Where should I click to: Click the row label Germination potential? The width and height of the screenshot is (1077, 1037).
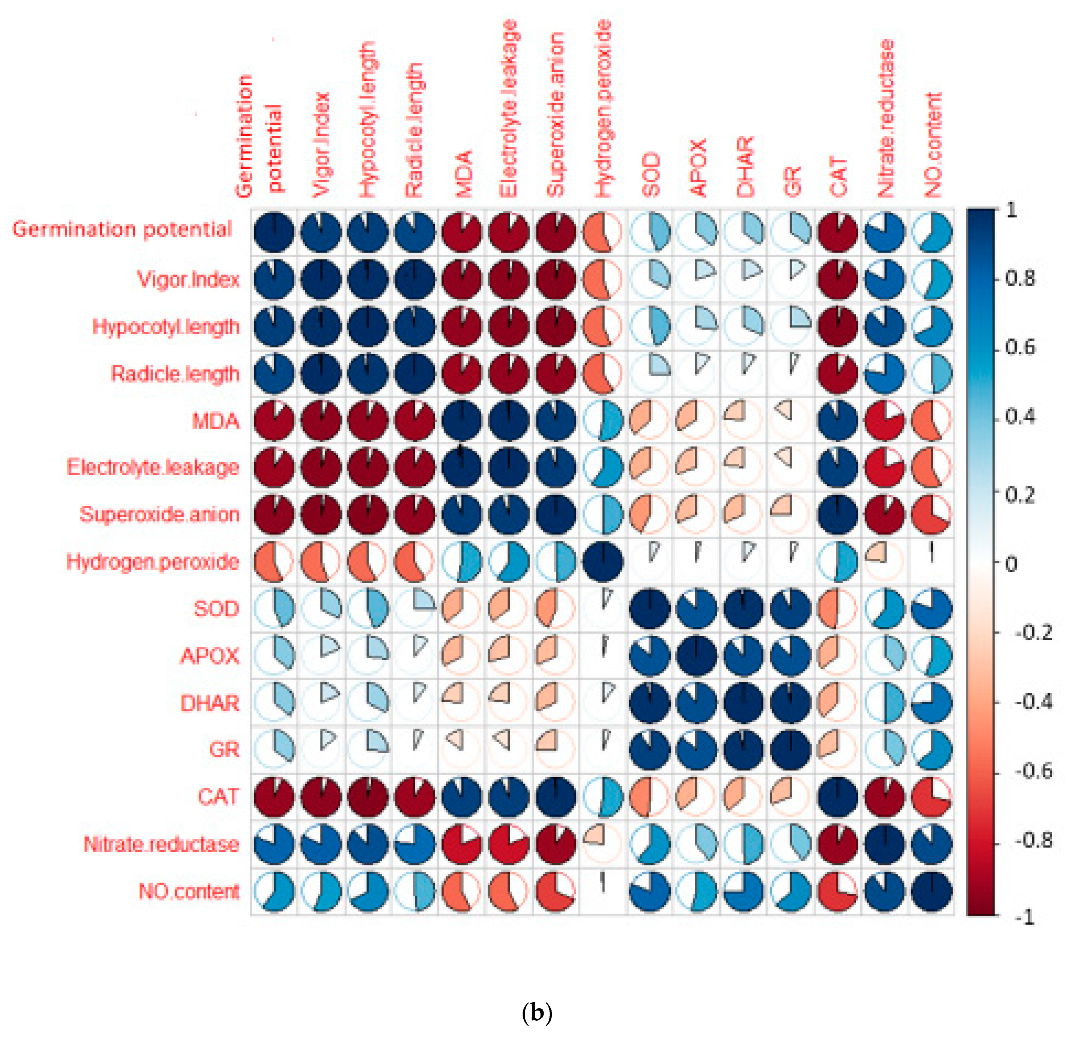coord(122,230)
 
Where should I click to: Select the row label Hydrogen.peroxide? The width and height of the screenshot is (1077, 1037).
coord(152,562)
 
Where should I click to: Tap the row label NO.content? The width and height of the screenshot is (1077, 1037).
coord(188,891)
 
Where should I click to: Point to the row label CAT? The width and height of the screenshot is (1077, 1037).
coord(218,796)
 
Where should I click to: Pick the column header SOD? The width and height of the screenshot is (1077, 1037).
coord(650,175)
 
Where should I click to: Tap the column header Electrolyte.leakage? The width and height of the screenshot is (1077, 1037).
coord(508,109)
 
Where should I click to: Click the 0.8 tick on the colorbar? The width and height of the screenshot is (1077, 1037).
coord(1020,279)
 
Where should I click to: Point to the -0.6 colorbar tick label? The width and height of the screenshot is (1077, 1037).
coord(1033,771)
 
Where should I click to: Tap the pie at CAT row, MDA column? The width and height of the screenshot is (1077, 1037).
coord(462,796)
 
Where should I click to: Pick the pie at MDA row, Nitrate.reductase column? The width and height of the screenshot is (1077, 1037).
coord(885,421)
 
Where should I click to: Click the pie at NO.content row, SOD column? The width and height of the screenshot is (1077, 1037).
coord(650,891)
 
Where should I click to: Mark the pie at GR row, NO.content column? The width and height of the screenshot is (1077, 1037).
coord(932,749)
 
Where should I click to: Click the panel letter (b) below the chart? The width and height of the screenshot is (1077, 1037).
coord(537,1012)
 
